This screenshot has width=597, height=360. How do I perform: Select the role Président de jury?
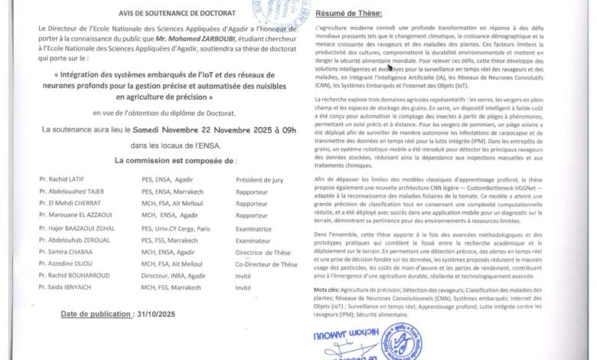coord(258,178)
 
